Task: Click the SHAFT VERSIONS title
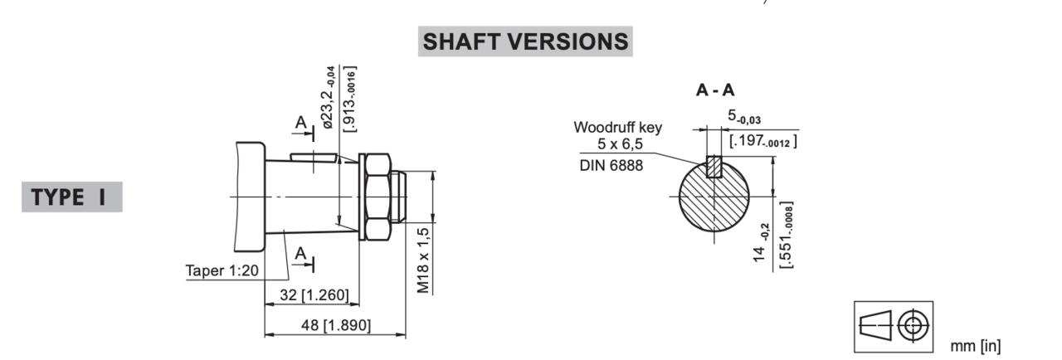(x=525, y=41)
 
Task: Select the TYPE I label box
(x=72, y=197)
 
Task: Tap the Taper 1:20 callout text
(x=222, y=270)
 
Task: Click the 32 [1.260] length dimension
(x=314, y=295)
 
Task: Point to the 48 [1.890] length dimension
(x=336, y=325)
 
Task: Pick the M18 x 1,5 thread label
(x=423, y=260)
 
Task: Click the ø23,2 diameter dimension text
(x=328, y=97)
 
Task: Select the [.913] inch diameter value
(x=350, y=100)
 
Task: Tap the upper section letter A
(x=300, y=122)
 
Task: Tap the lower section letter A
(x=300, y=254)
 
